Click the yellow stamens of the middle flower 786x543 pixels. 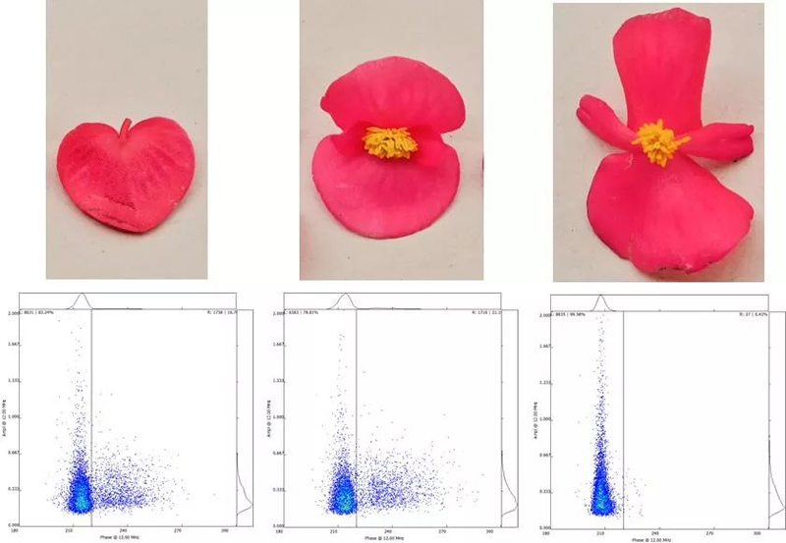tap(391, 142)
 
